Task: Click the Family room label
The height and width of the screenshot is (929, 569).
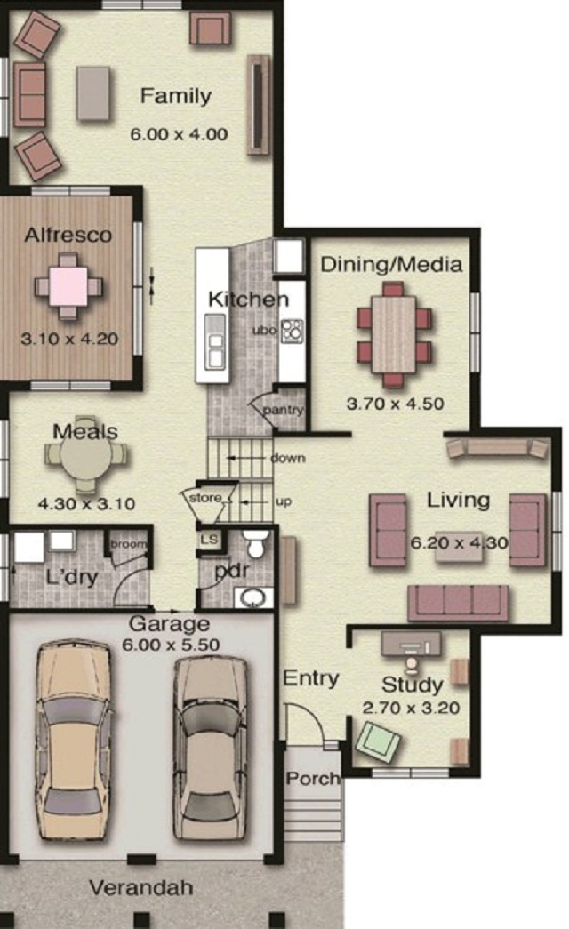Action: coord(175,96)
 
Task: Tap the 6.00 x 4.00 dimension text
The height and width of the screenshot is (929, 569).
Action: coord(179,134)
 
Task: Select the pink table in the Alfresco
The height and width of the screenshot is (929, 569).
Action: coord(68,286)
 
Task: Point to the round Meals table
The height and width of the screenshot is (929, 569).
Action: coord(84,456)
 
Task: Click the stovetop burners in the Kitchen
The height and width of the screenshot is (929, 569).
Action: coord(292,332)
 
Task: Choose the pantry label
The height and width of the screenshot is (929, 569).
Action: coord(283,410)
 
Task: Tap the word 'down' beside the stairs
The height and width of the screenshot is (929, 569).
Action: coord(288,458)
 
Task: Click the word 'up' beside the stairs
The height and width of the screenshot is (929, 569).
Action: coord(284,501)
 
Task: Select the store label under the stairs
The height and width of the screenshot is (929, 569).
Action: coord(205,498)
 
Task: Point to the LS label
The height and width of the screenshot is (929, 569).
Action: coord(209,540)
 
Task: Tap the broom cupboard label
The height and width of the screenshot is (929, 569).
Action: coord(128,544)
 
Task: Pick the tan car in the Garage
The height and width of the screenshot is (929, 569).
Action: coord(74,740)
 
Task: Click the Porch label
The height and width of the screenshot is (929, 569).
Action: coord(313,778)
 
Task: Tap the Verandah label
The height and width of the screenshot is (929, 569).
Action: coord(141,887)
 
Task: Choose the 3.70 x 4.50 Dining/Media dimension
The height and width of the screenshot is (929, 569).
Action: coord(396,404)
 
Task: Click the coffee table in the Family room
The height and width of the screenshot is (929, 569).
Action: coord(93,93)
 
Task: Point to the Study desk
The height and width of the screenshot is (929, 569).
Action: coord(411,644)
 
